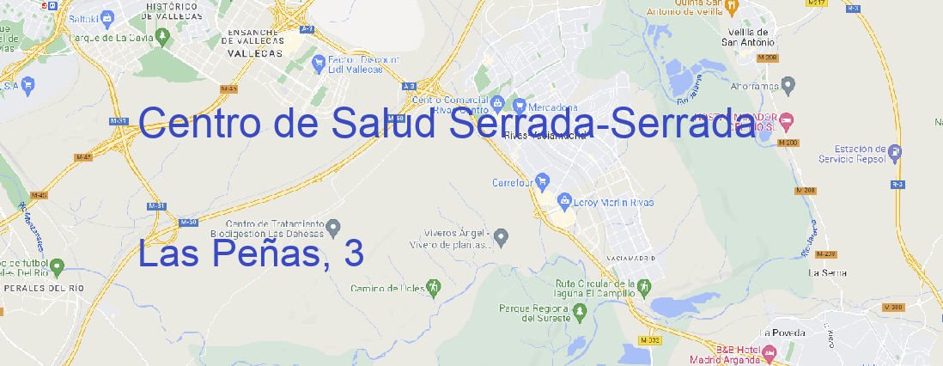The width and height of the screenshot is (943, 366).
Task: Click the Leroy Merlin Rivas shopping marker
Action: (x=564, y=202)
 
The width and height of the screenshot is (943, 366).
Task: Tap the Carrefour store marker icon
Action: (x=543, y=182)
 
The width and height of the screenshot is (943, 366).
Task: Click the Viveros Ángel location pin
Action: (x=502, y=235)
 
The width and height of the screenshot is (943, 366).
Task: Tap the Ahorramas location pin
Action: (x=789, y=85)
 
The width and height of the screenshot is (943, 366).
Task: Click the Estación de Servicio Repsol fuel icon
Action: (x=896, y=154)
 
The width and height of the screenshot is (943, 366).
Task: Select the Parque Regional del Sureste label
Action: (x=534, y=312)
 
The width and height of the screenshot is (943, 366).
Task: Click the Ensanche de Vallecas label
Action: (x=255, y=42)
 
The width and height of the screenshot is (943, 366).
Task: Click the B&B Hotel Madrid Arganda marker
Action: (x=770, y=352)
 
